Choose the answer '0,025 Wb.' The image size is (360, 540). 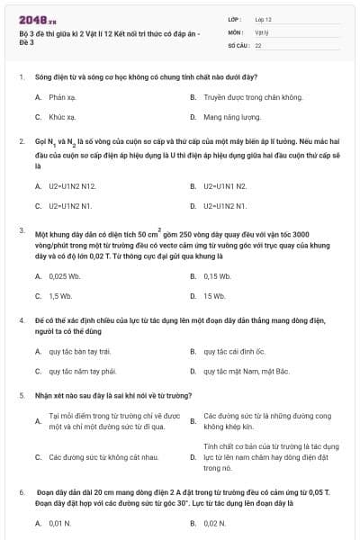[65, 275]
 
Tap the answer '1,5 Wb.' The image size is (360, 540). [60, 295]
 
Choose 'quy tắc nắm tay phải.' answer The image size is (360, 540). [82, 371]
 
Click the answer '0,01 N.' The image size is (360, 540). [60, 522]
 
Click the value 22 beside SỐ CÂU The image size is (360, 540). [258, 44]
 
